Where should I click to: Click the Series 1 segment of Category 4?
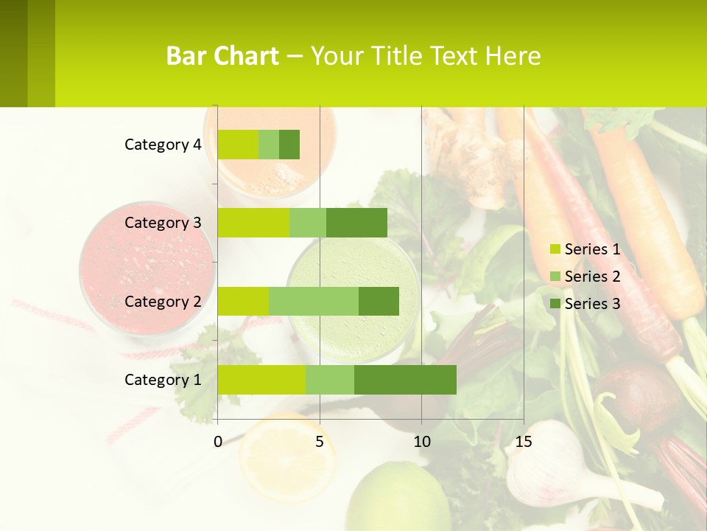238,145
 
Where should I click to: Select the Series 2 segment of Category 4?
269,145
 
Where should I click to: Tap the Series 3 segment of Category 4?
289,145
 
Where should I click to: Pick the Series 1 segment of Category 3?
253,223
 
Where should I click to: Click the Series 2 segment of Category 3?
308,223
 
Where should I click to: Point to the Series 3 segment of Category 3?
356,223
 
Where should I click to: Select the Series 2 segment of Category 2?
314,301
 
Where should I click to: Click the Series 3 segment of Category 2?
379,301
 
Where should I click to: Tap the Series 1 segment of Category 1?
261,379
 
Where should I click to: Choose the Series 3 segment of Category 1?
405,379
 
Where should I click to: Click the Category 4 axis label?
163,145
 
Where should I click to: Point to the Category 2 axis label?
163,301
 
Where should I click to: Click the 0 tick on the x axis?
218,442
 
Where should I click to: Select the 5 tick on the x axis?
320,442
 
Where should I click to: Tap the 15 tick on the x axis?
523,442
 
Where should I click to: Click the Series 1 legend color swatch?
555,249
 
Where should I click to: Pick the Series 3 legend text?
592,303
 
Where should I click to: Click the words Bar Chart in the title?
222,56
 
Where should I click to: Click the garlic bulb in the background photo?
545,461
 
